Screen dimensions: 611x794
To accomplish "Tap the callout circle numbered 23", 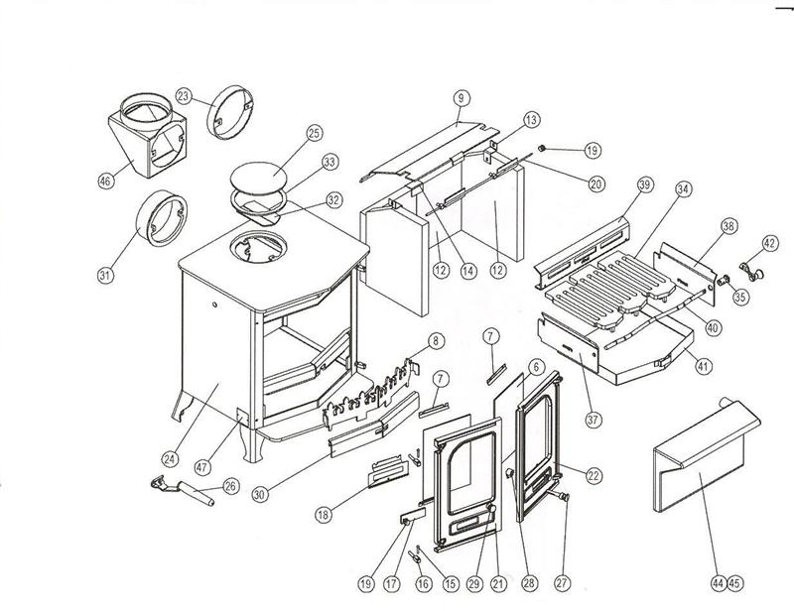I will tap(184, 95).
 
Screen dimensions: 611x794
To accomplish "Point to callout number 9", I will tap(462, 97).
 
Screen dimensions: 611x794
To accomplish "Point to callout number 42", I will tap(769, 241).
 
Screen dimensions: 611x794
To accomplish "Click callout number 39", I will tap(645, 186).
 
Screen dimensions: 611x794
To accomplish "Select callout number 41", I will tap(704, 367).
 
